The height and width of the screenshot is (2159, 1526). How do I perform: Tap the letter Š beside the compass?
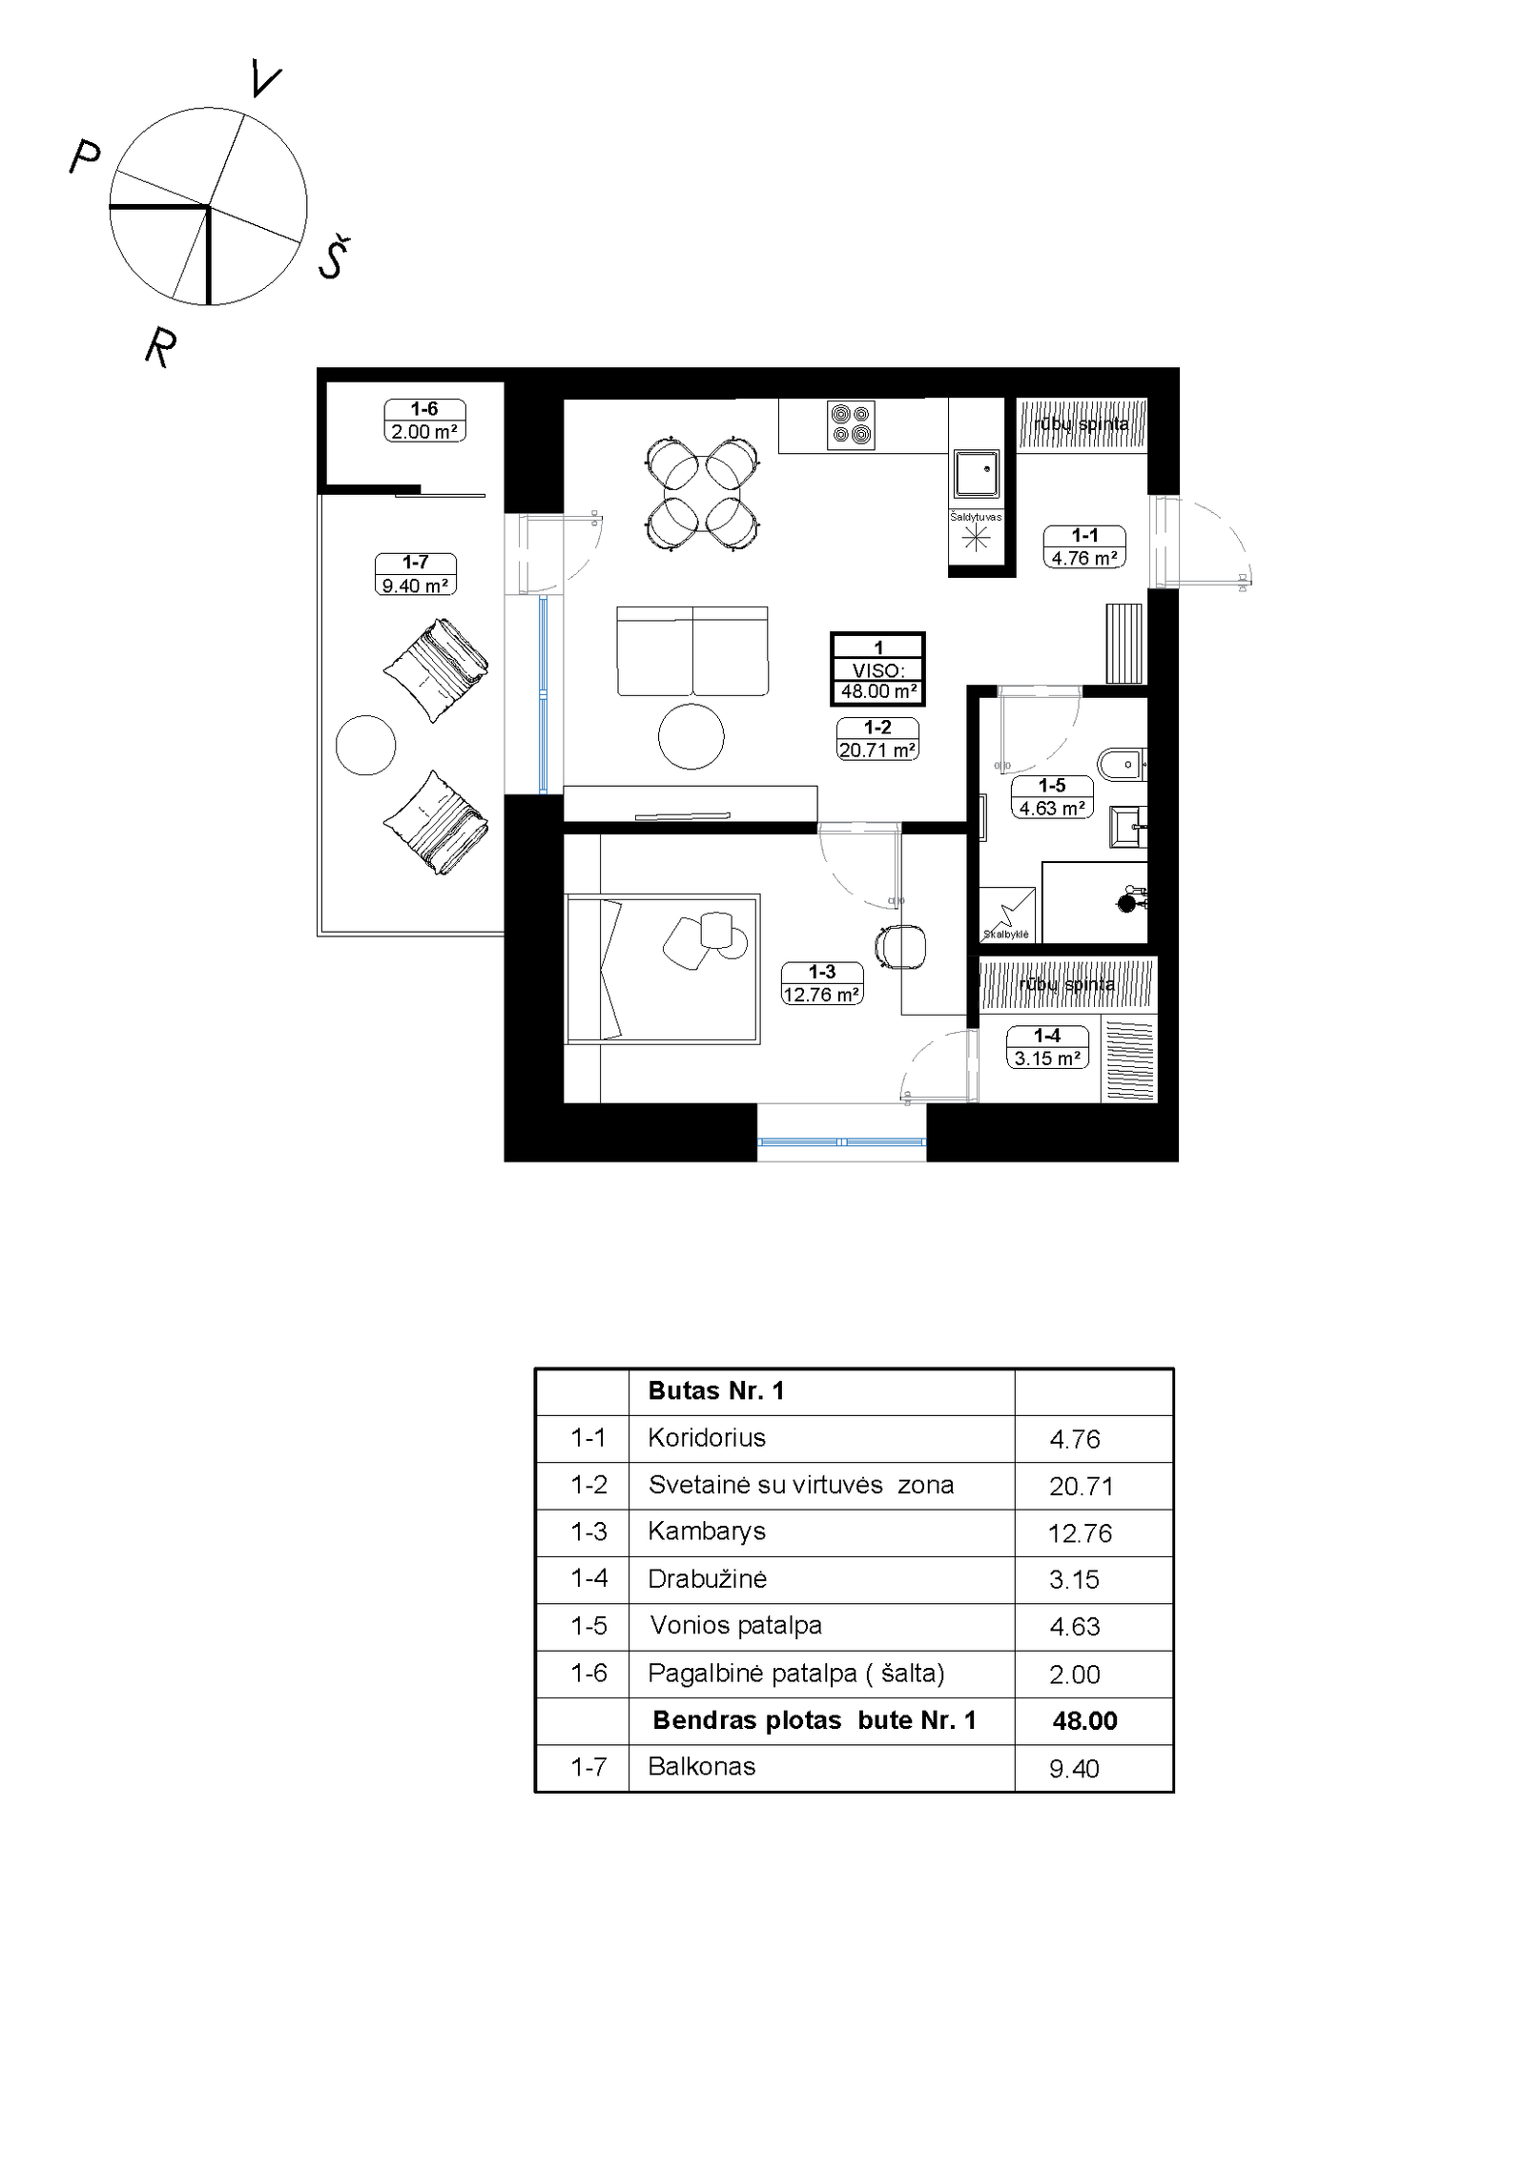tap(333, 257)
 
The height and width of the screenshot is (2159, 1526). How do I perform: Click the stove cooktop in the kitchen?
tap(851, 425)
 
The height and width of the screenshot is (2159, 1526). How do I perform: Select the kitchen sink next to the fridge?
tap(977, 474)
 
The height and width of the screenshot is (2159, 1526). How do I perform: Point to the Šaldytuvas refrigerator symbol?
tap(976, 539)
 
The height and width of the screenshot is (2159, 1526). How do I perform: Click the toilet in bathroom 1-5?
tap(1122, 764)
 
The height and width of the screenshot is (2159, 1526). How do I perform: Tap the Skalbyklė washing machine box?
tap(1007, 915)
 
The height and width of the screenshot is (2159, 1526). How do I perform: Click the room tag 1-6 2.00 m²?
tap(424, 421)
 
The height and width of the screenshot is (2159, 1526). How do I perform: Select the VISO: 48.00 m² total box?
tap(877, 668)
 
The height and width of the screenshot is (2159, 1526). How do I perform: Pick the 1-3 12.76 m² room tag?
tap(822, 983)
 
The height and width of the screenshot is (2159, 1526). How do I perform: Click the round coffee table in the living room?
tap(691, 735)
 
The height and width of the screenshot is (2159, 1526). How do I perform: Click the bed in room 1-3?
tap(663, 969)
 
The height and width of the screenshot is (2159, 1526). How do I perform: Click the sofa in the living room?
tap(692, 650)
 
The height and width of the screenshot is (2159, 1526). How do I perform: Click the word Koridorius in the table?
tap(707, 1438)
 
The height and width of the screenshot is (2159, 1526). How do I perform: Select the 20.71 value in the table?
tap(1082, 1486)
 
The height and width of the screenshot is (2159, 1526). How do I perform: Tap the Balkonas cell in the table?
tap(702, 1767)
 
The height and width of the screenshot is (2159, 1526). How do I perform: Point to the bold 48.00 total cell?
tap(1085, 1720)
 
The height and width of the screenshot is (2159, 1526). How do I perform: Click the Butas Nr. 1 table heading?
tap(716, 1390)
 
